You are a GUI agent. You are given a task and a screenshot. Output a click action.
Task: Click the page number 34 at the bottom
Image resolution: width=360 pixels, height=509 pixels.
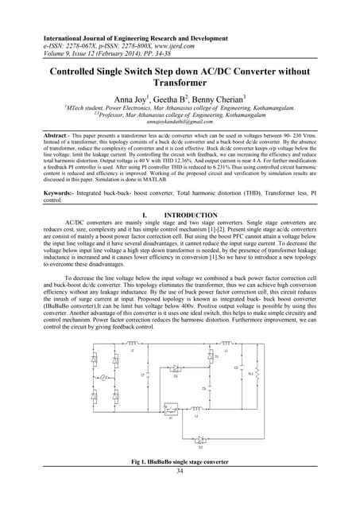point(180,493)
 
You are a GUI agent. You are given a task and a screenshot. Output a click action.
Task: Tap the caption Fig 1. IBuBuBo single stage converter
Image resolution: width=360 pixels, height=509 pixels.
point(180,484)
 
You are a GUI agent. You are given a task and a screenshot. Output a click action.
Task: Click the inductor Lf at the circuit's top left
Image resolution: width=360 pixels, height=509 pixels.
point(132,344)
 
